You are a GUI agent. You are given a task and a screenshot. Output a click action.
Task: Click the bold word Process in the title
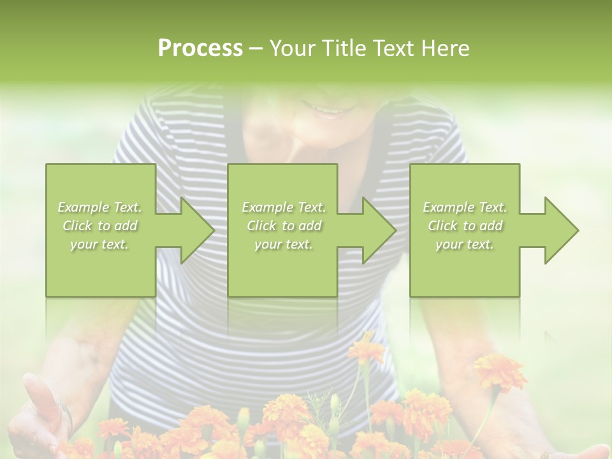(200, 48)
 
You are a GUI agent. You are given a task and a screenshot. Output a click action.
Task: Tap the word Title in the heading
(342, 48)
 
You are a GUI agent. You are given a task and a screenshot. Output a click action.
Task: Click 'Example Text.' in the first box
(100, 207)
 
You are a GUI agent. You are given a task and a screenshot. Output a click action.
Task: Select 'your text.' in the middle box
(283, 244)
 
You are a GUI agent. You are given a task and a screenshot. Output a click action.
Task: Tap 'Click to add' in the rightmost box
(465, 226)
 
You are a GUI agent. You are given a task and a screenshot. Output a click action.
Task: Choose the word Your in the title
(292, 48)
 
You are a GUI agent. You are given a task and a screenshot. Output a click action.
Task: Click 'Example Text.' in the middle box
(283, 207)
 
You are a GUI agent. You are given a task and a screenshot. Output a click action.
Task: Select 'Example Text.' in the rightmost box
(465, 207)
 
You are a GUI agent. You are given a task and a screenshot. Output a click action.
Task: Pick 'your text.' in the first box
(100, 244)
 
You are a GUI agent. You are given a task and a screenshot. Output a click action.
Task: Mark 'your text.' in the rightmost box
(465, 244)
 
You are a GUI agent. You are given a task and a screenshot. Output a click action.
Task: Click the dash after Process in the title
(256, 48)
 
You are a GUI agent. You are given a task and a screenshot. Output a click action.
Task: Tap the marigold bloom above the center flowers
(366, 348)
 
